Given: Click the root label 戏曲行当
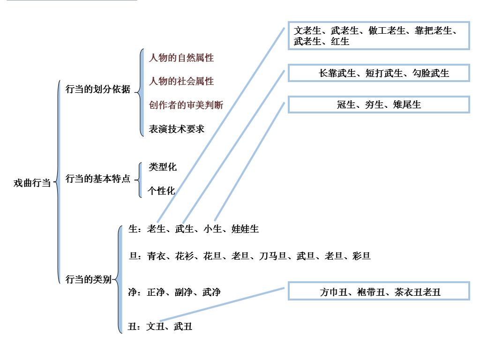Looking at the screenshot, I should coord(32,183).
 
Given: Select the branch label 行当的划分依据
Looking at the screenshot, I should coord(97,89).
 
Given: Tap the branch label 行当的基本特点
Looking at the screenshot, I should coord(97,179).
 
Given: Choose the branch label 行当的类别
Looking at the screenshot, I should coord(88,280).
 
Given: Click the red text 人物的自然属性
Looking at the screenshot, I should coord(181,58).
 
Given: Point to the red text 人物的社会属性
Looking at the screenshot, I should coord(181,82).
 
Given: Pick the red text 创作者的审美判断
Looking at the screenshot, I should coord(186,105).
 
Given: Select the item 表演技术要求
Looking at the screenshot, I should coord(176,129).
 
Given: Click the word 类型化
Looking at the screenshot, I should coord(162,167).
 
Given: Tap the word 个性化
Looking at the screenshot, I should coord(161,191).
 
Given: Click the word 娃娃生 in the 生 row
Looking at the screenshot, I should coord(245,229).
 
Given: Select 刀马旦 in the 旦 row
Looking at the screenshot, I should coord(273,256).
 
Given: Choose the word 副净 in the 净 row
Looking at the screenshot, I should coord(183,292).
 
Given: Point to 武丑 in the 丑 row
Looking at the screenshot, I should coord(183,327).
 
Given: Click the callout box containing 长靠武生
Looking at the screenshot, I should coord(379,74).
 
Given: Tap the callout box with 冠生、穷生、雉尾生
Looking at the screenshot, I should coord(379,105).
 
